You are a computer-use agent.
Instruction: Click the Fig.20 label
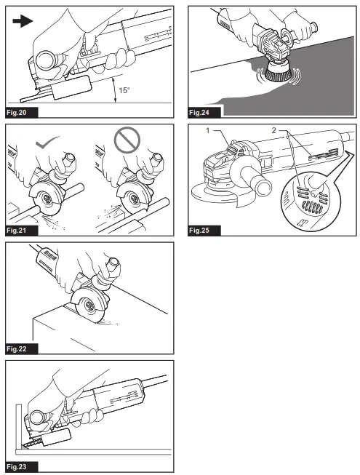coord(16,113)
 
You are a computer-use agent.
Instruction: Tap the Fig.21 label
coord(16,231)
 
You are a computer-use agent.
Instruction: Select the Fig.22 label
coord(16,348)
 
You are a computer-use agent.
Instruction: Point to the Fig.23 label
coord(16,467)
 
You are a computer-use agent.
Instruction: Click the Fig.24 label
coord(199,113)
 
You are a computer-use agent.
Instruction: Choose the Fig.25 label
coord(199,231)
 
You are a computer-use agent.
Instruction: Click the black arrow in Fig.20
coord(23,21)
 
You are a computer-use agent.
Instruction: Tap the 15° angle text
coord(124,90)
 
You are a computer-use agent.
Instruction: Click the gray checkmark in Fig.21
coord(47,143)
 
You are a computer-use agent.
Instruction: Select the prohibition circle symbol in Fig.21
coord(127,140)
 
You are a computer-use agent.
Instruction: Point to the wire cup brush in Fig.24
coord(278,73)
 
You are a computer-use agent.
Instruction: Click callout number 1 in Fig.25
coord(208,130)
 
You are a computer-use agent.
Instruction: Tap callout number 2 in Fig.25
coord(273,130)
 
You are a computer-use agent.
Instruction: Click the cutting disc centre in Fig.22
coord(89,306)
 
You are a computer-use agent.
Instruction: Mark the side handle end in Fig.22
coord(113,262)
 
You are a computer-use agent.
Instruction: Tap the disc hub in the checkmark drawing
coord(47,199)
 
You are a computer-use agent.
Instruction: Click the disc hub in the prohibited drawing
coord(134,199)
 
